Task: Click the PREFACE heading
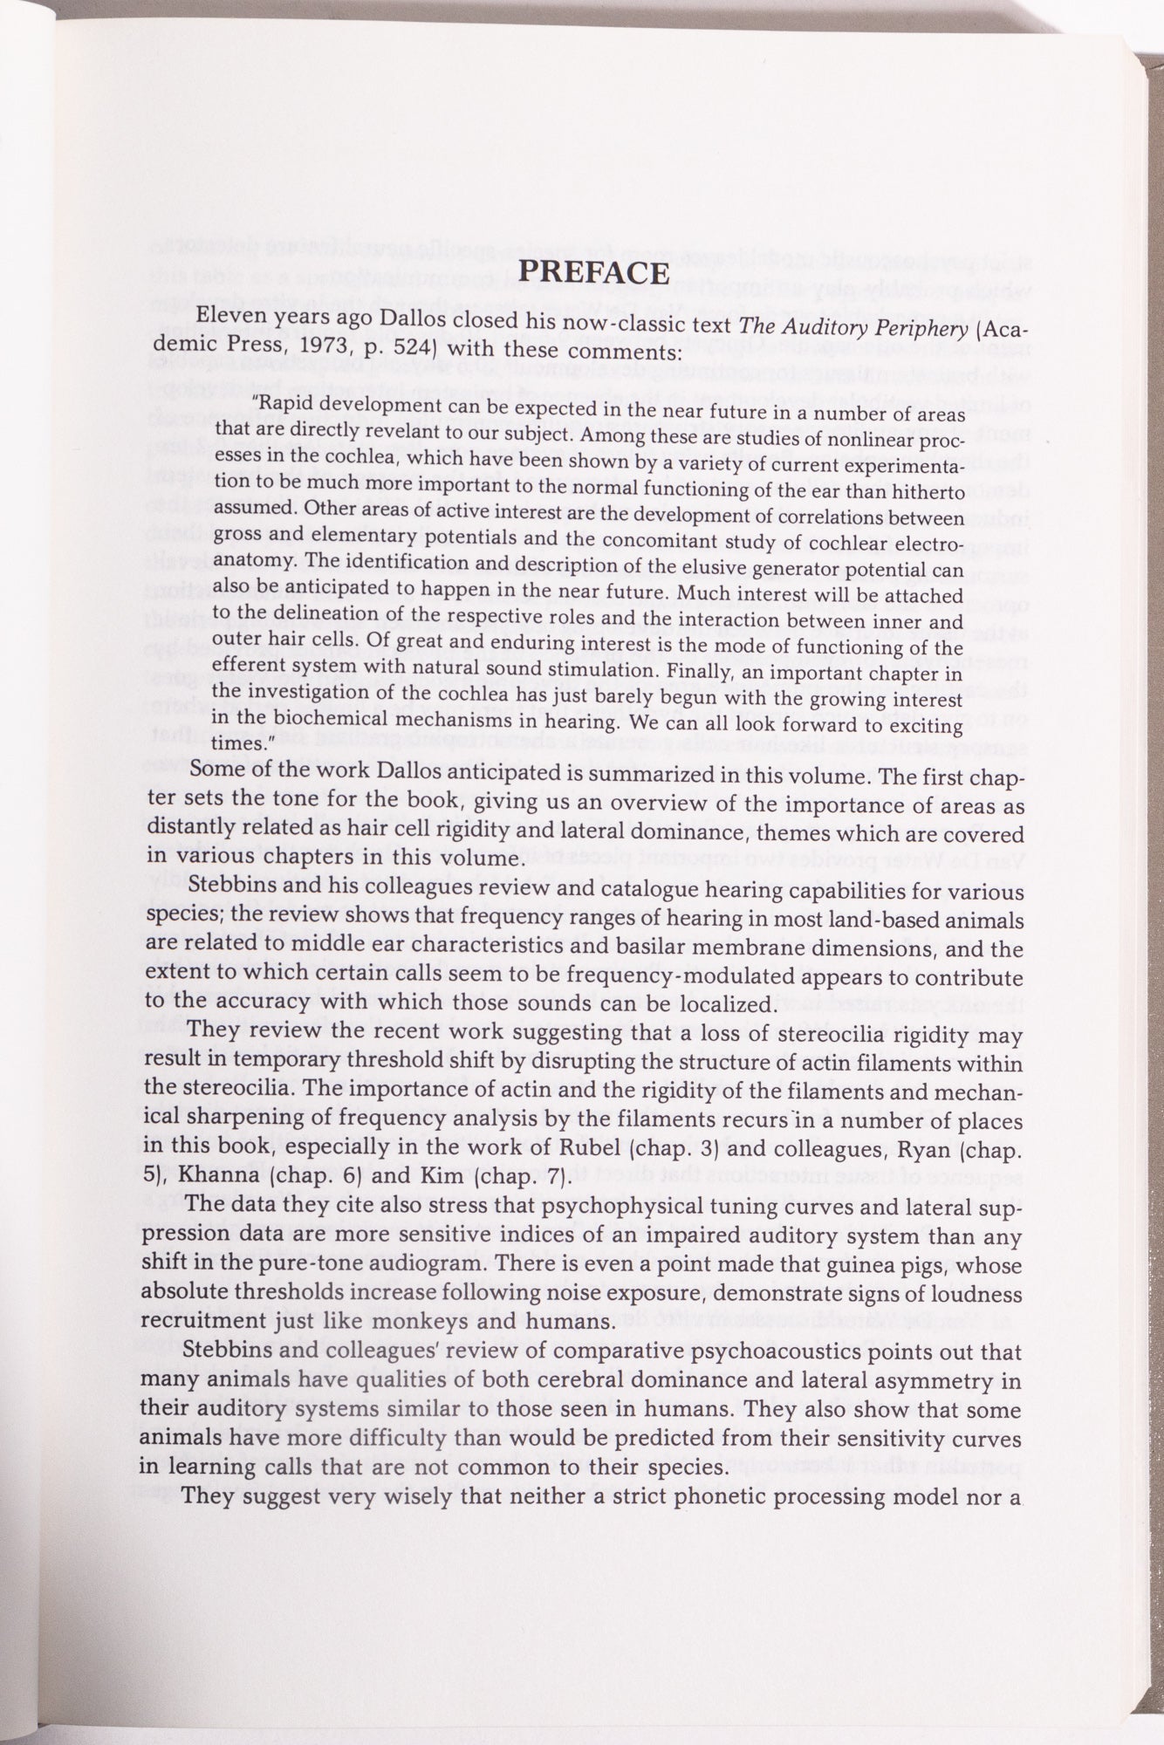tap(593, 273)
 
